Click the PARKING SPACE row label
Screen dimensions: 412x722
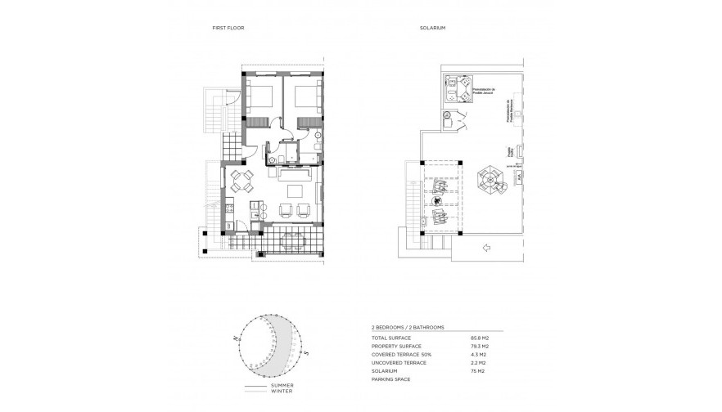pos(389,380)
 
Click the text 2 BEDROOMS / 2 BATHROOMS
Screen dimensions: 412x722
pos(408,327)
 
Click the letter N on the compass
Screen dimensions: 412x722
pos(235,337)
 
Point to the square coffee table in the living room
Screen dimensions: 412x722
pos(292,191)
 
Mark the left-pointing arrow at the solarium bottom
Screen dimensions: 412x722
pos(485,248)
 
